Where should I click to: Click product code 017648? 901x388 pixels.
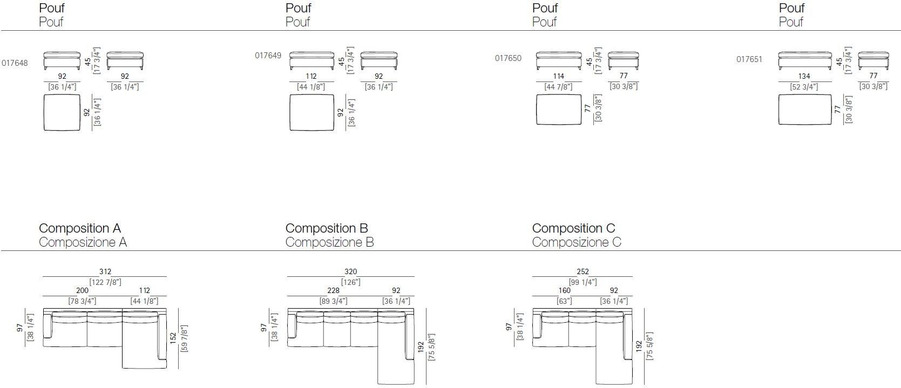click(15, 63)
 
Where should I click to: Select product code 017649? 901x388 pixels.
click(268, 56)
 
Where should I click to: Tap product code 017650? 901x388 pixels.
click(508, 58)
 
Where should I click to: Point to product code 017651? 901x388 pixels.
click(749, 59)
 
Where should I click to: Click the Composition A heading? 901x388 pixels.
click(80, 228)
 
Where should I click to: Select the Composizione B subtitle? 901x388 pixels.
click(329, 242)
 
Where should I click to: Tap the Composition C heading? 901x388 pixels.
click(573, 228)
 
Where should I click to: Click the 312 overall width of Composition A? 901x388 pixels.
click(105, 272)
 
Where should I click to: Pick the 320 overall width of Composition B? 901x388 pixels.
click(350, 272)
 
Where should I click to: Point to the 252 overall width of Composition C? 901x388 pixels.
click(582, 272)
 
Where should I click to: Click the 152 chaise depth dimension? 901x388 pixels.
click(173, 338)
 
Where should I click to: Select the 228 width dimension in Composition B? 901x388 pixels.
click(333, 291)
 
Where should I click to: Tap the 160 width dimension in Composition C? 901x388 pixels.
click(564, 291)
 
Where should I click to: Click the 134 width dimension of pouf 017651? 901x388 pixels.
click(804, 77)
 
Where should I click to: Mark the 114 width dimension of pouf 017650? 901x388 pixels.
click(558, 77)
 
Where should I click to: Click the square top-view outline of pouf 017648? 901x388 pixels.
click(62, 112)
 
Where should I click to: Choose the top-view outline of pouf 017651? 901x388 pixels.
click(804, 110)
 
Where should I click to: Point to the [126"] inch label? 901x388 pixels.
click(350, 282)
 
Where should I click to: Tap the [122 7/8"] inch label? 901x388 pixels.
click(105, 282)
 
